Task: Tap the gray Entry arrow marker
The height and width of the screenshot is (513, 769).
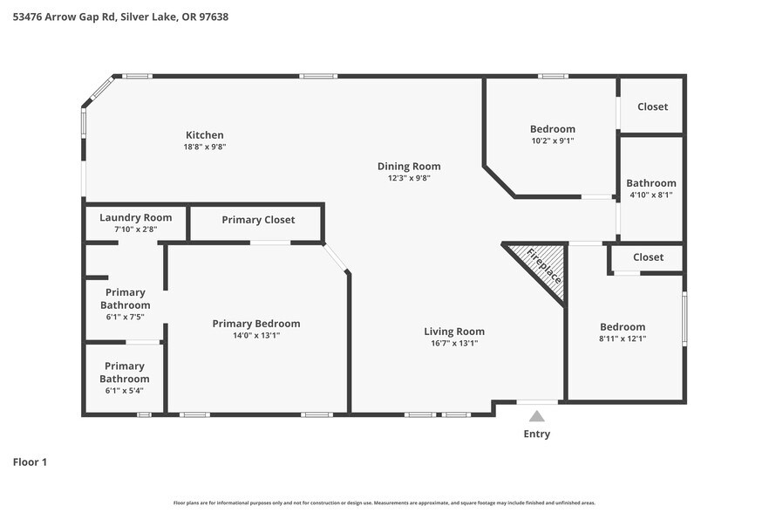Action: (537, 416)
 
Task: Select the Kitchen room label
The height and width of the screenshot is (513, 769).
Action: (205, 135)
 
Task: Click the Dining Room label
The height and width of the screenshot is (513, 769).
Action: (409, 166)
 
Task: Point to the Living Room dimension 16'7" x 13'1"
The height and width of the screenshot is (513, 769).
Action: (453, 344)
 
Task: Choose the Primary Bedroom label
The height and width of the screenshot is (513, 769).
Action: (256, 324)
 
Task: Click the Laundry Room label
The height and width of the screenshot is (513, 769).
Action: (135, 217)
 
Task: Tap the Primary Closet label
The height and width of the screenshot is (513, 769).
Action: (258, 220)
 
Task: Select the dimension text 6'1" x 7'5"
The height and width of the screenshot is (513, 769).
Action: (125, 318)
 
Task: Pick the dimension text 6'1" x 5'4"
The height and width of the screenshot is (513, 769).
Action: (124, 391)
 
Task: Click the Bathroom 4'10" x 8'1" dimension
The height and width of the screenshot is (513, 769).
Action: (650, 195)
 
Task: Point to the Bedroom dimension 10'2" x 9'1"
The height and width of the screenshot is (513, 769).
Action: (553, 140)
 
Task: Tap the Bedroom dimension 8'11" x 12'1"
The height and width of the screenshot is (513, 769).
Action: (623, 339)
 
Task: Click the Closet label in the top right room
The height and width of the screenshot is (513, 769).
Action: (652, 106)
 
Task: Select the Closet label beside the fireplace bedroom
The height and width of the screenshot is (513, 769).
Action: (648, 257)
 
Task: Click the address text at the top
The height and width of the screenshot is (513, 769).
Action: (120, 17)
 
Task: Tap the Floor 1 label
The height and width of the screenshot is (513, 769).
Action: (30, 462)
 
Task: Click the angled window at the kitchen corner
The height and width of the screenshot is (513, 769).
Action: (100, 89)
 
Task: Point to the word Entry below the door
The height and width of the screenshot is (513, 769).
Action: (537, 434)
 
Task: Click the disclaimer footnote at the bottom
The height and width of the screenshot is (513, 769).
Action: (384, 503)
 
